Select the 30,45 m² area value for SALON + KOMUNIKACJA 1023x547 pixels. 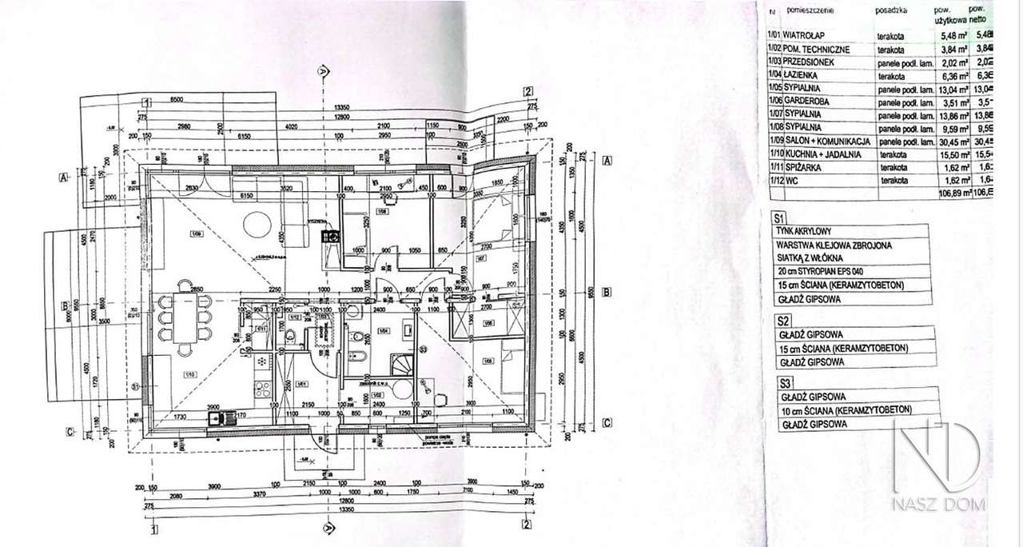[x=951, y=141]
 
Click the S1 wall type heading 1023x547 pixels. [x=780, y=217]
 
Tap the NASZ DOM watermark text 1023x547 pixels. [x=940, y=505]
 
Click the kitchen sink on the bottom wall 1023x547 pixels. [x=217, y=417]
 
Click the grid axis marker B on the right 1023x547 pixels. [x=606, y=292]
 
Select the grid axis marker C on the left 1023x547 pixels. [x=70, y=432]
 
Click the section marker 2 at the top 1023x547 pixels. [x=527, y=90]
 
